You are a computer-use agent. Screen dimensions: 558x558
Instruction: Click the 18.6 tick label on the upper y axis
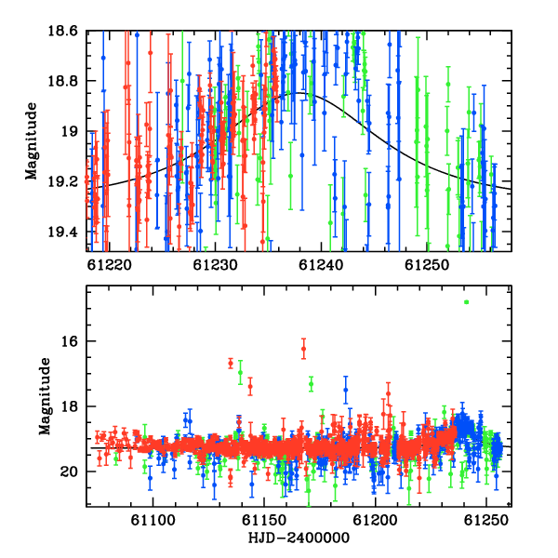pyautogui.click(x=62, y=31)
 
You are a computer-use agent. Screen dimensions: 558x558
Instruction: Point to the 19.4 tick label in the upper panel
pyautogui.click(x=62, y=232)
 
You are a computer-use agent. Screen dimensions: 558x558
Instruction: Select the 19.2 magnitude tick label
pyautogui.click(x=62, y=182)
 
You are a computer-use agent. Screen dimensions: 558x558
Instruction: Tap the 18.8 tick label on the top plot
pyautogui.click(x=62, y=81)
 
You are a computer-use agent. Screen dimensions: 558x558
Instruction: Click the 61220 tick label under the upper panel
pyautogui.click(x=109, y=265)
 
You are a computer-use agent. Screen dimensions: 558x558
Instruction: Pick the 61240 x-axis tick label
pyautogui.click(x=321, y=265)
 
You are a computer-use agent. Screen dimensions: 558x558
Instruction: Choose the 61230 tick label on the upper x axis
pyautogui.click(x=215, y=265)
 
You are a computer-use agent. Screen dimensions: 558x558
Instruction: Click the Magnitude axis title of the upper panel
pyautogui.click(x=32, y=141)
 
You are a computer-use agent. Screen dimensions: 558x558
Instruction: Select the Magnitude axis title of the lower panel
pyautogui.click(x=45, y=396)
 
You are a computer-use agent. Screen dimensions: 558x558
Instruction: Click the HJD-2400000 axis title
pyautogui.click(x=299, y=538)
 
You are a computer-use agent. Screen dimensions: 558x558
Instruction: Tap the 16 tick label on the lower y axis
pyautogui.click(x=70, y=341)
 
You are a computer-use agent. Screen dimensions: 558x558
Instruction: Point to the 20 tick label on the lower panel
pyautogui.click(x=70, y=472)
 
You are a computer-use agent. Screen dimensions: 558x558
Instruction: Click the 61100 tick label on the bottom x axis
pyautogui.click(x=153, y=520)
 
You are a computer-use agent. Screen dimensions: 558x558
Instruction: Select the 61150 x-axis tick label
pyautogui.click(x=264, y=520)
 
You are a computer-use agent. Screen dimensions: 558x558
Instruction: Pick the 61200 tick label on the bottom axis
pyautogui.click(x=375, y=520)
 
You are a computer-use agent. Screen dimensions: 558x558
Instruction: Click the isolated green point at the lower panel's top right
pyautogui.click(x=466, y=302)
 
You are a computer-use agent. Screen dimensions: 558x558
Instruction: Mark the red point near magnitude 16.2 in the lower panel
pyautogui.click(x=303, y=349)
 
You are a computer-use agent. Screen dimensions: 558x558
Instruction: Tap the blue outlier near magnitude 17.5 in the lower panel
pyautogui.click(x=346, y=390)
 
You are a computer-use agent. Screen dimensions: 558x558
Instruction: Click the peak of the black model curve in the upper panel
pyautogui.click(x=299, y=93)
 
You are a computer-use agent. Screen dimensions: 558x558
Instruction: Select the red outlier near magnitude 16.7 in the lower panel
pyautogui.click(x=231, y=364)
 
